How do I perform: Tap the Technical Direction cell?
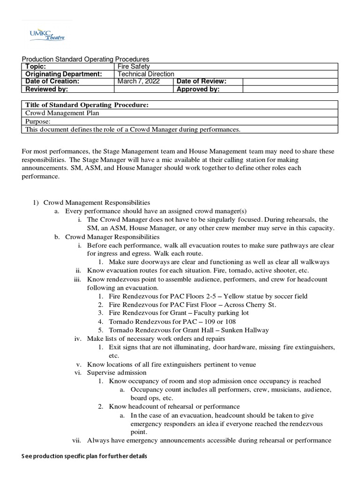(x=146, y=74)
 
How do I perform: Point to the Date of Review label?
(x=201, y=81)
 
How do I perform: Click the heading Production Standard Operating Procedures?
(x=86, y=59)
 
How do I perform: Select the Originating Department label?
(x=63, y=74)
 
